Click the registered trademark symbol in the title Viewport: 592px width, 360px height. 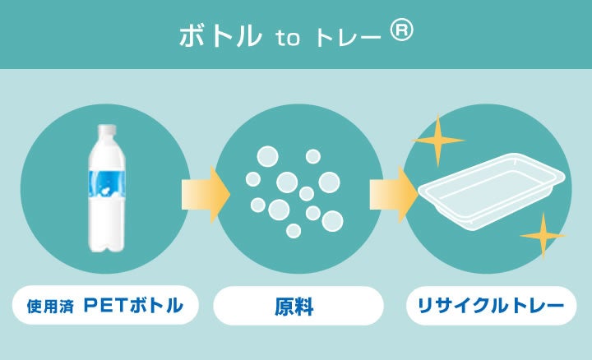click(401, 31)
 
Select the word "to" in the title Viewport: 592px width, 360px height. click(288, 38)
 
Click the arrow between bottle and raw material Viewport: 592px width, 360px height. click(204, 195)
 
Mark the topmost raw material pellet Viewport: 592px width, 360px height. click(268, 155)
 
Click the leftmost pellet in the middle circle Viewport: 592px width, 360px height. click(252, 179)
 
